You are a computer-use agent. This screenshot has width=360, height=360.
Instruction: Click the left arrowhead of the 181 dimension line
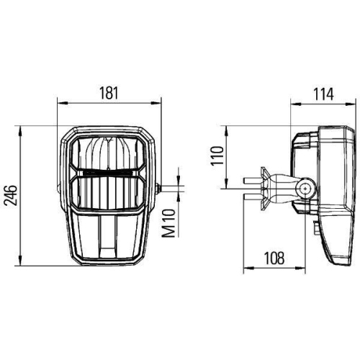click(60, 104)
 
